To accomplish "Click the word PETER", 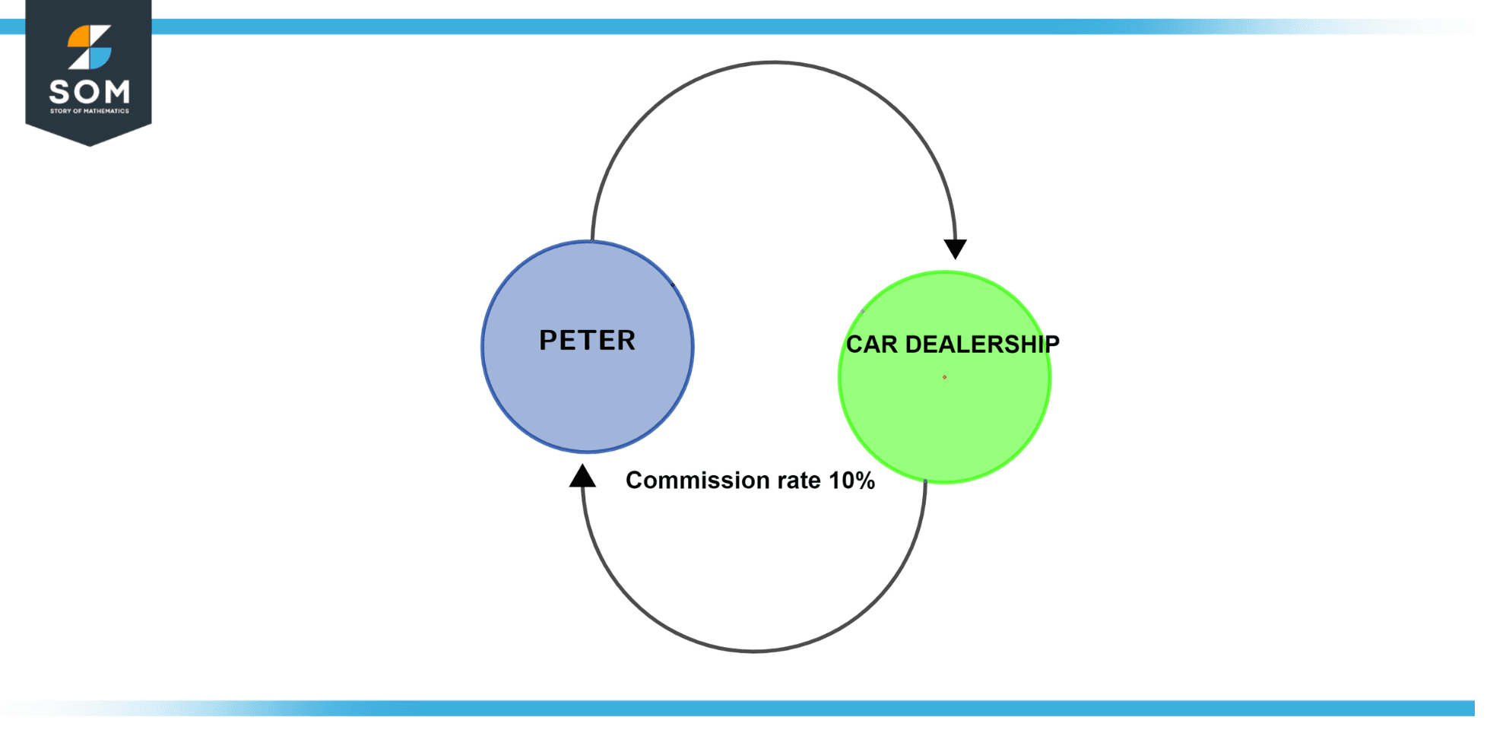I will [x=587, y=340].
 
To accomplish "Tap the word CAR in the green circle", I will [x=872, y=344].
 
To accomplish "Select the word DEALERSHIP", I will [x=982, y=344].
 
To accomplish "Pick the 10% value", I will [x=851, y=481].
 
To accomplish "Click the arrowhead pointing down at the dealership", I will [x=955, y=249].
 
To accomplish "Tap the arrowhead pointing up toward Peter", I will [x=582, y=477].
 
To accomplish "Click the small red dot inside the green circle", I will [x=944, y=377].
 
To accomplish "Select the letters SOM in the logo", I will [x=89, y=93].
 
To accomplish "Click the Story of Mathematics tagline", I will [x=89, y=111].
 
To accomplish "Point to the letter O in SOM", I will [x=88, y=93].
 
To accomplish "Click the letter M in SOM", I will [x=116, y=93].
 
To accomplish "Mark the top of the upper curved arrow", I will [x=773, y=62].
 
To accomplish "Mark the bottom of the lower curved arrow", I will [x=753, y=651].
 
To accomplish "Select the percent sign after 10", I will [x=865, y=481].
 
